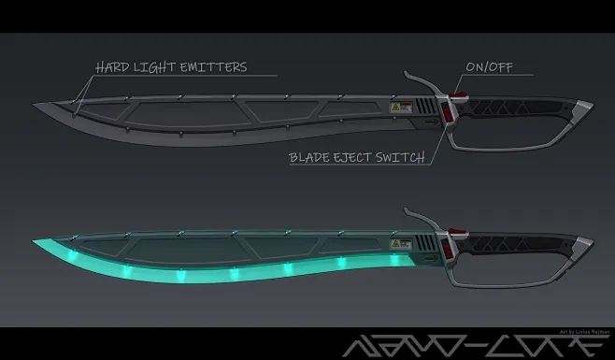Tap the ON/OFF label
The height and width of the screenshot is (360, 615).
point(488,66)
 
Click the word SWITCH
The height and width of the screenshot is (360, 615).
point(399,156)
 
